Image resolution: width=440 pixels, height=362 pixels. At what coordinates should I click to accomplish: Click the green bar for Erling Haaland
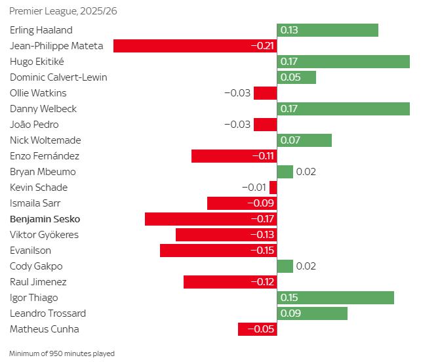click(328, 30)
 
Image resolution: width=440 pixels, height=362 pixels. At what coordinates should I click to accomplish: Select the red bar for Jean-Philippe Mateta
click(195, 46)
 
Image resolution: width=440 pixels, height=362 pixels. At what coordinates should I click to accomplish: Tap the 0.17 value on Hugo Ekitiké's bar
click(289, 62)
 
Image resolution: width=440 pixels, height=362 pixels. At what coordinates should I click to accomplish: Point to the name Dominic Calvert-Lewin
click(58, 77)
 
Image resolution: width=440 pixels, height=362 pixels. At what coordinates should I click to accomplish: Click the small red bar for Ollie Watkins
click(265, 93)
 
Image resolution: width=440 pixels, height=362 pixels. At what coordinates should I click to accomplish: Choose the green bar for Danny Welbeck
click(344, 109)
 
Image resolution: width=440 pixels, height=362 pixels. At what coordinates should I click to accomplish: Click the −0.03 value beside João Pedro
click(237, 125)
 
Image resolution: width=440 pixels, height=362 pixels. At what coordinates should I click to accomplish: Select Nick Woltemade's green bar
click(304, 140)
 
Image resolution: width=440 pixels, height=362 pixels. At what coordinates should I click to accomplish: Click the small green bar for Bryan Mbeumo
click(285, 172)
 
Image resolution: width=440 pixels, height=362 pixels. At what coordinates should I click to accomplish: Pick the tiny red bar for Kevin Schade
click(273, 188)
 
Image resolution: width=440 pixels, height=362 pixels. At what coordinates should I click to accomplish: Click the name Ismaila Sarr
click(35, 203)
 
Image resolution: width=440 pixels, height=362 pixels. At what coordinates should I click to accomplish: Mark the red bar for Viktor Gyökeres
click(226, 235)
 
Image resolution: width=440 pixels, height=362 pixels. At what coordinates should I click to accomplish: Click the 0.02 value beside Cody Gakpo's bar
click(306, 266)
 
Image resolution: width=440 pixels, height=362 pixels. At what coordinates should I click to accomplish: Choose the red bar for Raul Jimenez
click(230, 282)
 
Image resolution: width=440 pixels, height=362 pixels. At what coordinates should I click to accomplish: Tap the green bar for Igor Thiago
click(336, 298)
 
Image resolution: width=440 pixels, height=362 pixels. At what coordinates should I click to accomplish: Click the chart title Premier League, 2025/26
click(59, 12)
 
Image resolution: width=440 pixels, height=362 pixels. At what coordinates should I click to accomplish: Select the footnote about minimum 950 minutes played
click(62, 353)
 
